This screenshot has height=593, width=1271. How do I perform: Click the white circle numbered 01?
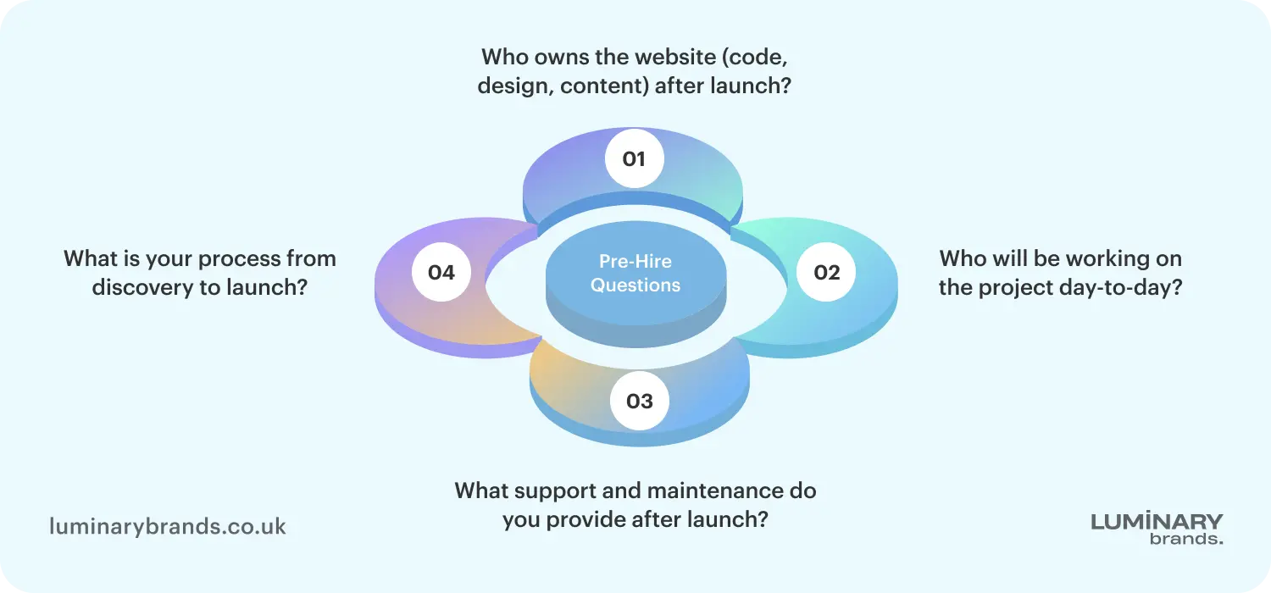634,158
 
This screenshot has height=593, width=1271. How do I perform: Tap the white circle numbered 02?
826,272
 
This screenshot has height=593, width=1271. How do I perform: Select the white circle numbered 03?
640,400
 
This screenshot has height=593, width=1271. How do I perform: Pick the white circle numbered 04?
441,272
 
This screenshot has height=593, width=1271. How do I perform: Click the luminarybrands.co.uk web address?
168,527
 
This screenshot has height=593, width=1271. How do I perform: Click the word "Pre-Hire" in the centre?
635,262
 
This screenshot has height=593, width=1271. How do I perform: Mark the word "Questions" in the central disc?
635,285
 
